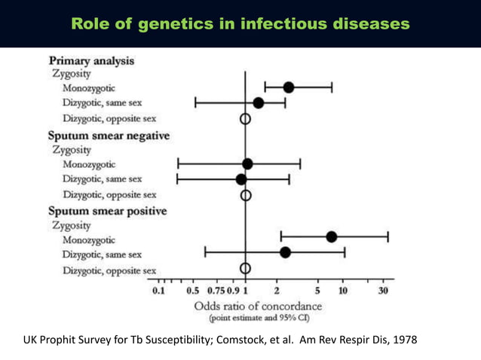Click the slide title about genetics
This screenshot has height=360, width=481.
(240, 23)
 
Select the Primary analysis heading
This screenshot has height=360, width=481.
(92, 60)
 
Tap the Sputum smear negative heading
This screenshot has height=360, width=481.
(109, 136)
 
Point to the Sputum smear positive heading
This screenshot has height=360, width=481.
(107, 212)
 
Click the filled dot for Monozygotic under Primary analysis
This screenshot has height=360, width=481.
(288, 88)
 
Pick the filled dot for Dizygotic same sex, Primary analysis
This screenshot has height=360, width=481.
(259, 102)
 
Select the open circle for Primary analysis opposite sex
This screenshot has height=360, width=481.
(245, 118)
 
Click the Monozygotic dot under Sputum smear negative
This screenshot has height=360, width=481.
(247, 163)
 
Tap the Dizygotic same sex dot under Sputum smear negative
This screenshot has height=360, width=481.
(240, 179)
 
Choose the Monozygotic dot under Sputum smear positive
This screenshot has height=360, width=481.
(331, 237)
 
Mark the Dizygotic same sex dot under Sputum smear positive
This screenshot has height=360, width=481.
(285, 252)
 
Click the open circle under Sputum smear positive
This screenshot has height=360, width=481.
(245, 269)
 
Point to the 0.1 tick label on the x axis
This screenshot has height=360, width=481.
(159, 291)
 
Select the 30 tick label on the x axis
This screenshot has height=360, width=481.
(383, 291)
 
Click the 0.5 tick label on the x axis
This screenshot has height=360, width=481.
(192, 291)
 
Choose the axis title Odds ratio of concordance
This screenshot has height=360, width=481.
(258, 307)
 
